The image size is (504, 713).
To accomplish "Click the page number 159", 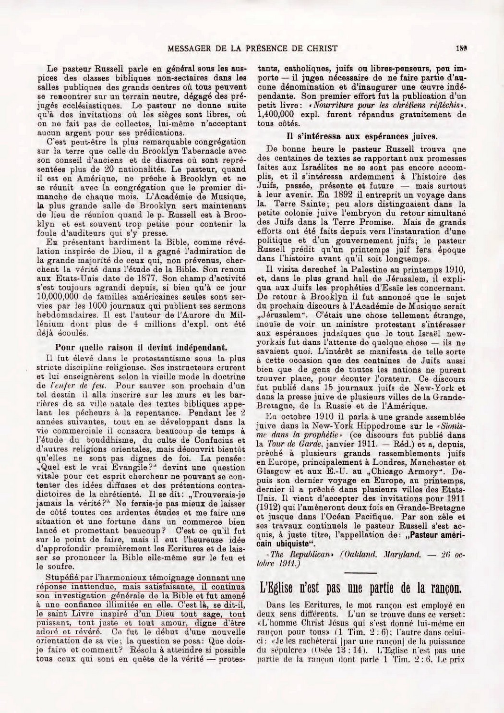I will (462, 48).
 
